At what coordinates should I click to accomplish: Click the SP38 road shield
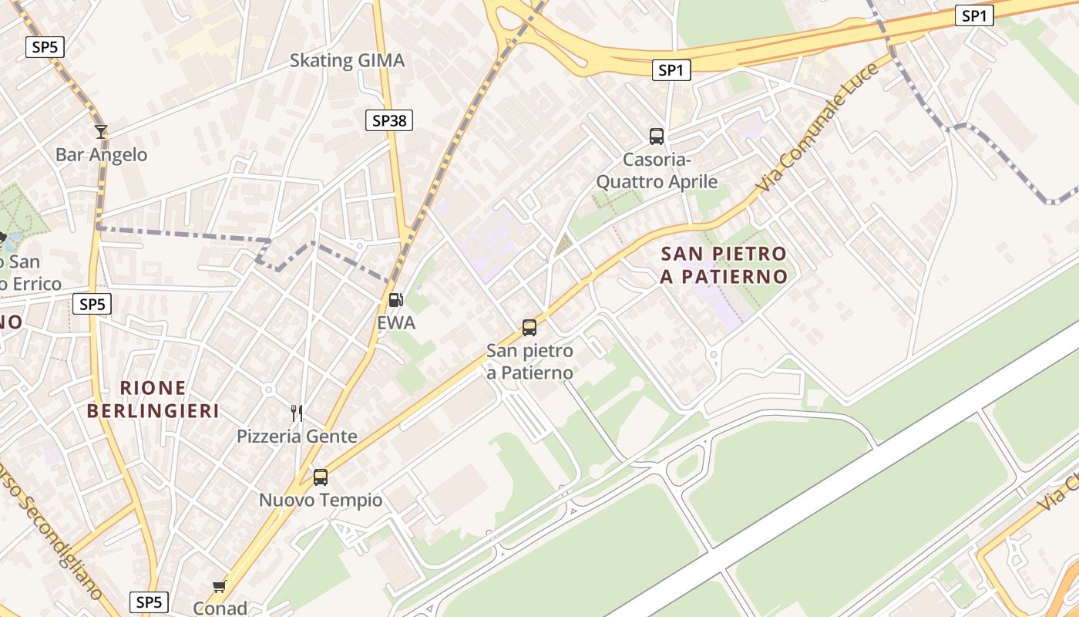(x=388, y=120)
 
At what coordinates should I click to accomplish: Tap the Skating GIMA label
(x=347, y=61)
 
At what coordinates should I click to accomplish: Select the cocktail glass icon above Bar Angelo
(x=100, y=132)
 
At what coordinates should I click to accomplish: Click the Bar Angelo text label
(x=101, y=155)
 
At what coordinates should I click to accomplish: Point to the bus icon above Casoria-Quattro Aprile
(x=657, y=137)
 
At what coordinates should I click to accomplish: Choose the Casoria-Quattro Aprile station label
(x=657, y=171)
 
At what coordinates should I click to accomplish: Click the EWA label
(x=396, y=323)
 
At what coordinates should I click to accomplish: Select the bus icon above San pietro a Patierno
(x=529, y=328)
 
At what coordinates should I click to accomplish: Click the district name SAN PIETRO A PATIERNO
(x=724, y=265)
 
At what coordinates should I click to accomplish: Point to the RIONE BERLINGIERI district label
(x=153, y=400)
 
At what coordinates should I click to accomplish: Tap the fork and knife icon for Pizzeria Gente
(x=297, y=413)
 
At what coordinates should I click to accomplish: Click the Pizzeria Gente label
(x=297, y=437)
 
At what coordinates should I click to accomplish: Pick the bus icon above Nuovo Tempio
(x=321, y=477)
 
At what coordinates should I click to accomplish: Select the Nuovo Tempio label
(x=321, y=501)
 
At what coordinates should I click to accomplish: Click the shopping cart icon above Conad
(x=220, y=587)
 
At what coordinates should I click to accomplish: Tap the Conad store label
(x=220, y=609)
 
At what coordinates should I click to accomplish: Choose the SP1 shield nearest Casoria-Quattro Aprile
(x=671, y=70)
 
